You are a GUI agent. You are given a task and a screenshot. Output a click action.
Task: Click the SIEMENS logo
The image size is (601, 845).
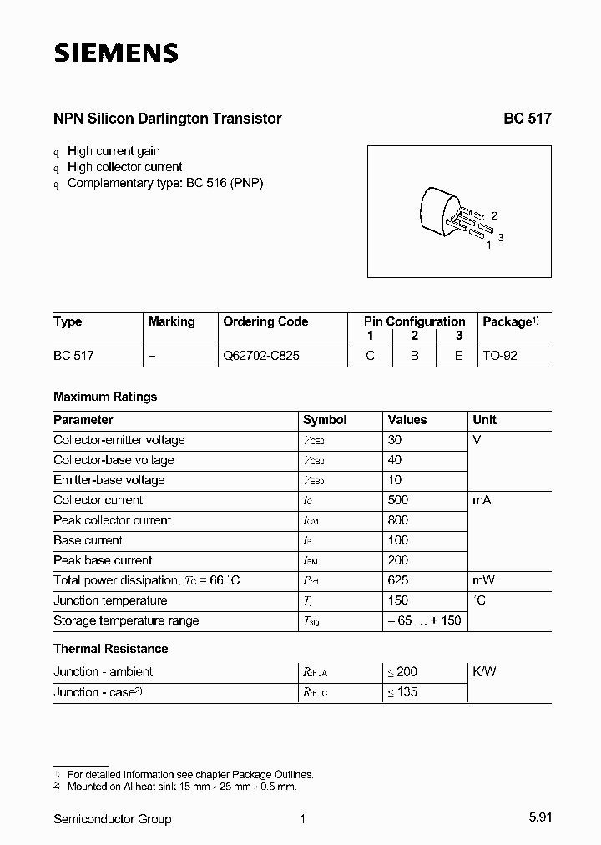pos(116,54)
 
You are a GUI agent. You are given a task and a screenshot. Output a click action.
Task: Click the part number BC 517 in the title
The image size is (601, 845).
pos(527,119)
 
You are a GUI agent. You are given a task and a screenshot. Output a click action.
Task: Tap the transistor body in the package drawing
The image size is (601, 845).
pos(437,211)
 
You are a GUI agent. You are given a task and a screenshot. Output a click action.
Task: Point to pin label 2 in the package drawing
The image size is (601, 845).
pos(494,215)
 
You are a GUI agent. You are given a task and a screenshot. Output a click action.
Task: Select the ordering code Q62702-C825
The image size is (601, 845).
pos(261,355)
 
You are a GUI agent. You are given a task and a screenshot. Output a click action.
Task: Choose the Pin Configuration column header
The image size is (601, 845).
pos(414,321)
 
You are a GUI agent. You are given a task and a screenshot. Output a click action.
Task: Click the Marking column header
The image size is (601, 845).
pos(171,321)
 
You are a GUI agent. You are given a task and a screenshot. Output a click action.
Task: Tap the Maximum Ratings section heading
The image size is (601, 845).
pos(105,397)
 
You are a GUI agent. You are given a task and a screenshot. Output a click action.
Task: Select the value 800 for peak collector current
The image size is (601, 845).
pos(398,520)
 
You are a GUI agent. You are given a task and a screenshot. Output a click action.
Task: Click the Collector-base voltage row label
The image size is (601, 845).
pos(114,460)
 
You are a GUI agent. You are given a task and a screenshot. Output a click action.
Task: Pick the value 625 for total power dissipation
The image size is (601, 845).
pos(398,580)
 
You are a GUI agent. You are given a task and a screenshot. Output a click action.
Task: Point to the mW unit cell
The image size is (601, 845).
pos(484,580)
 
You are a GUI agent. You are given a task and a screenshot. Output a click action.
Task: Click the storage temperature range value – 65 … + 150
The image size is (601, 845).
pos(424,620)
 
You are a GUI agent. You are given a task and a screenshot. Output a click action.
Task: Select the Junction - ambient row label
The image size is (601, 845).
pos(103,672)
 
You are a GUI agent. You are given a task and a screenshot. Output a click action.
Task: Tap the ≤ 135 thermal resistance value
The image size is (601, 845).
pos(402,692)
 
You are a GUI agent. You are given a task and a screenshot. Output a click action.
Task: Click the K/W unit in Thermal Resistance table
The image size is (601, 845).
pos(484,672)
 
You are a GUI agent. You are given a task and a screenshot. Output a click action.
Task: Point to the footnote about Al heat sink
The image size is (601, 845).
pos(182,786)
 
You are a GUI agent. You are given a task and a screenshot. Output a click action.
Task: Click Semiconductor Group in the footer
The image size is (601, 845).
pos(113,819)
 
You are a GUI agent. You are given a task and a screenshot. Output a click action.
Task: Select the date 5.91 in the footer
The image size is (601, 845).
pos(538,819)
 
